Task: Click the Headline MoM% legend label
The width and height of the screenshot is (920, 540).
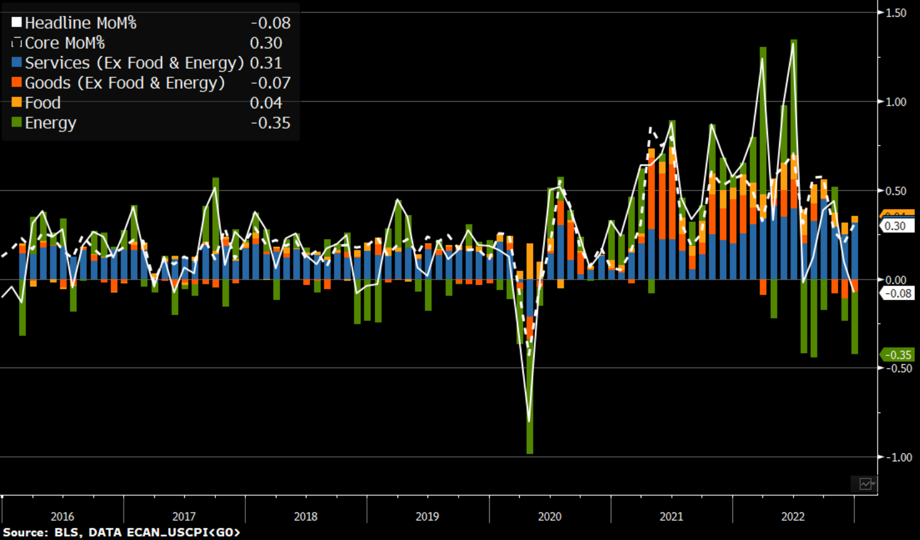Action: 80,23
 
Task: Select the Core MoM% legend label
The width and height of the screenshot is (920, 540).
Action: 64,43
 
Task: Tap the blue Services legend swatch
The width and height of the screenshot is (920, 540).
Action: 17,63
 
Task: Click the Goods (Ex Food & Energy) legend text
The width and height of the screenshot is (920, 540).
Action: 124,83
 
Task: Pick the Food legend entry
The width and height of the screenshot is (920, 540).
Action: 42,103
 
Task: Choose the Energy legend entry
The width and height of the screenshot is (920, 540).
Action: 50,123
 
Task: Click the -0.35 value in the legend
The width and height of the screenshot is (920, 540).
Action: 270,123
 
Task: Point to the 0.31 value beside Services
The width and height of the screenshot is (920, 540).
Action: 266,63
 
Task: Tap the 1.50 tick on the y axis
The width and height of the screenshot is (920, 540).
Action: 895,13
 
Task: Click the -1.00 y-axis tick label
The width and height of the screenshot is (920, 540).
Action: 897,457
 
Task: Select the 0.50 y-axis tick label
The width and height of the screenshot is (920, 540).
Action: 895,191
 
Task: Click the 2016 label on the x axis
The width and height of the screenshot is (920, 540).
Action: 62,517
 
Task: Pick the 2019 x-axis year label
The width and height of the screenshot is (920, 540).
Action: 427,517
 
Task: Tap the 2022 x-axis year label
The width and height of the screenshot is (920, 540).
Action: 792,517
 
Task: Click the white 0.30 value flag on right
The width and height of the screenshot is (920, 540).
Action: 896,226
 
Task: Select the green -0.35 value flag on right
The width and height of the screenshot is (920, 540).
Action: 897,355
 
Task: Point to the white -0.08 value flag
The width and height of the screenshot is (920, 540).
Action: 897,293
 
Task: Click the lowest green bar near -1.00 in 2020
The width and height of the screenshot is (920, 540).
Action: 530,438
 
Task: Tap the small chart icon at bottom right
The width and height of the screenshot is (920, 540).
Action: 865,484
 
